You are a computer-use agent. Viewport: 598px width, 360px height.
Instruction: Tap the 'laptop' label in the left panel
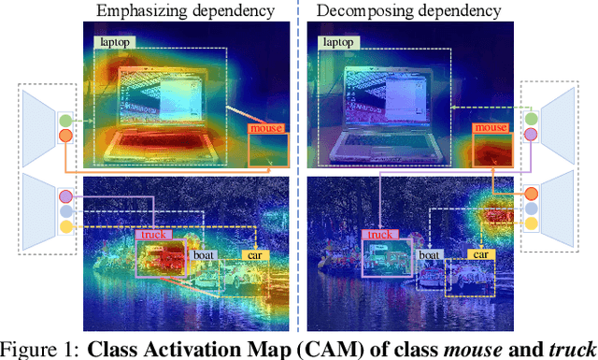click(114, 42)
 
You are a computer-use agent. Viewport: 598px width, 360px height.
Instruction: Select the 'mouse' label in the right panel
click(491, 127)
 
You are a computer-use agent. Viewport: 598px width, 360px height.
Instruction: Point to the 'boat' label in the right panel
click(429, 253)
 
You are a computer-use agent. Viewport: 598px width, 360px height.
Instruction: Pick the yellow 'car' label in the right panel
click(480, 253)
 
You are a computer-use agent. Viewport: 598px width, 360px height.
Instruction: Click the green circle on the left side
click(64, 121)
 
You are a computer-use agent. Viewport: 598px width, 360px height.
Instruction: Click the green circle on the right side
click(531, 119)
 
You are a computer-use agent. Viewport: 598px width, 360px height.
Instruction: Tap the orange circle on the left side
click(64, 137)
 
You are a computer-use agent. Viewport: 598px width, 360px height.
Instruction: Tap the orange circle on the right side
click(531, 194)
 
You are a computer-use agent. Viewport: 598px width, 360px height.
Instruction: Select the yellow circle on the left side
click(64, 226)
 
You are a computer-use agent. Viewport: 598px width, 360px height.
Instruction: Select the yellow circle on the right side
click(531, 226)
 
